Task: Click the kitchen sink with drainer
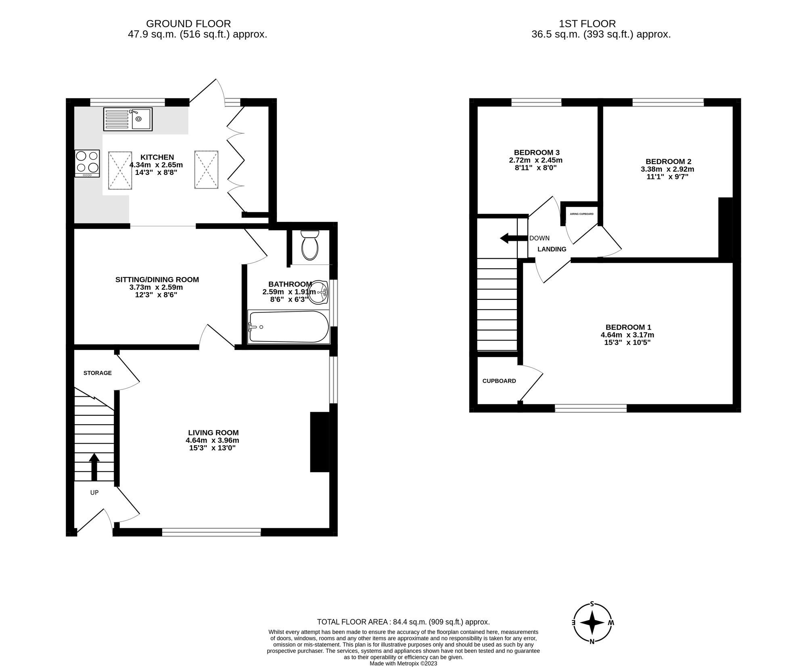(x=128, y=119)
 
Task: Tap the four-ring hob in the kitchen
(x=87, y=163)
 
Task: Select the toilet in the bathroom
(x=310, y=245)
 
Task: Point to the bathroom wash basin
(x=322, y=291)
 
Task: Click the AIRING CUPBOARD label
(x=581, y=214)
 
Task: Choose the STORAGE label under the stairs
(x=97, y=373)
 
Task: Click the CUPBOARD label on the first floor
(x=499, y=381)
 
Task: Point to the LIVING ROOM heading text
(x=213, y=432)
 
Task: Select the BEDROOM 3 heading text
(x=536, y=152)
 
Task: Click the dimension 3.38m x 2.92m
(x=667, y=169)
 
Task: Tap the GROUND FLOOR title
(x=188, y=24)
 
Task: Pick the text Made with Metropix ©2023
(x=403, y=663)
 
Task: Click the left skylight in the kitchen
(x=120, y=170)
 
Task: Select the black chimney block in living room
(x=319, y=442)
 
